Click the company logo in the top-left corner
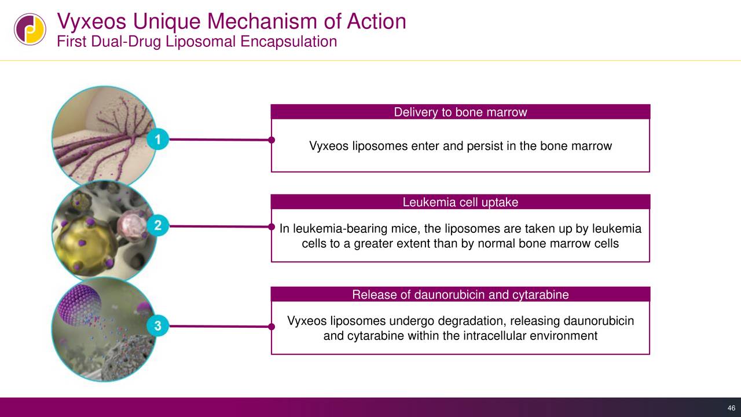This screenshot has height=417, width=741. point(30,29)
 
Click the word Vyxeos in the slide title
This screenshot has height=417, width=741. point(92,22)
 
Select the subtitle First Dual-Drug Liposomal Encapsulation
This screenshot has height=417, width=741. point(196,42)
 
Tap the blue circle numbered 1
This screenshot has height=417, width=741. point(157,140)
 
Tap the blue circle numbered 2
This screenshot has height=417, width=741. point(157,226)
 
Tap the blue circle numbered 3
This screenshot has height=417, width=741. point(157,326)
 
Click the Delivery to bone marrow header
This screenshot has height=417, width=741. point(460,112)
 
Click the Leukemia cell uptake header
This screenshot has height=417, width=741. point(460,202)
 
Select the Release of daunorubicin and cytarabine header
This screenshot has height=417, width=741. point(460,295)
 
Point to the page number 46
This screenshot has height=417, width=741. point(731,408)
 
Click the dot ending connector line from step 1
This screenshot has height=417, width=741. point(271,140)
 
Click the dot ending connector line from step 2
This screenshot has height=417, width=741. point(271,226)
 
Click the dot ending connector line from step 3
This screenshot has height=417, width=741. point(271,327)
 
